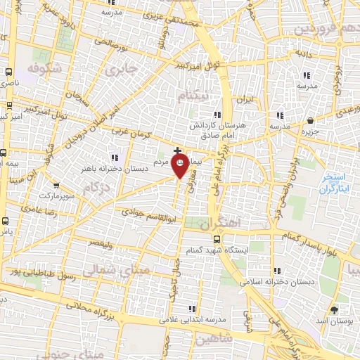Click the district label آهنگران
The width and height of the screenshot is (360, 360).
coord(221,226)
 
